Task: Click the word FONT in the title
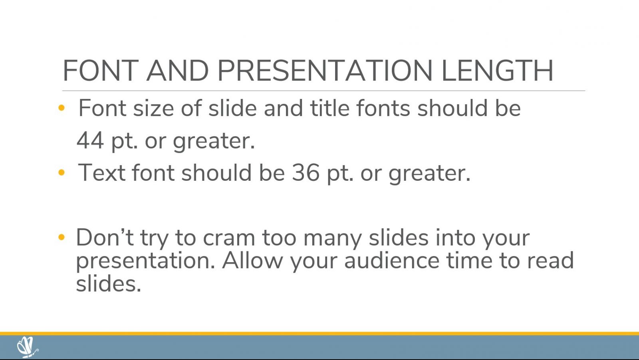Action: tap(101, 70)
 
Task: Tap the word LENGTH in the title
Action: tap(498, 70)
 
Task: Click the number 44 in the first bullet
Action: tap(90, 140)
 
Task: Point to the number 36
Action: tap(306, 172)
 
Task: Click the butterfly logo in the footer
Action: tap(28, 347)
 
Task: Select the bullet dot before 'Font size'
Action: tap(62, 108)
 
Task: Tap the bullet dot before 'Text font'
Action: tap(62, 172)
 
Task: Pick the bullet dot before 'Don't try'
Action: tap(62, 237)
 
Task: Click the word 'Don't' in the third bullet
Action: tap(105, 237)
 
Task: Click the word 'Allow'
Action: tap(252, 260)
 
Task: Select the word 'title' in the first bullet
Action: tap(329, 108)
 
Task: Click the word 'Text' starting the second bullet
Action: tap(101, 172)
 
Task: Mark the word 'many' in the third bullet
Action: tap(333, 239)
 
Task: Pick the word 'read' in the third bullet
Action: tap(550, 260)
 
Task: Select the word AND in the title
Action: tap(177, 70)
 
